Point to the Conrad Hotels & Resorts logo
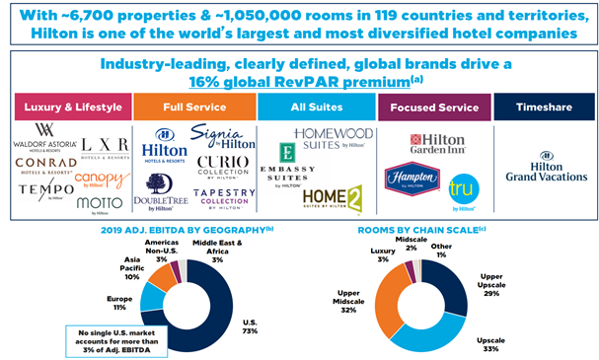43,166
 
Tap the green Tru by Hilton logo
462,188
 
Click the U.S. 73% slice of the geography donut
224,296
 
